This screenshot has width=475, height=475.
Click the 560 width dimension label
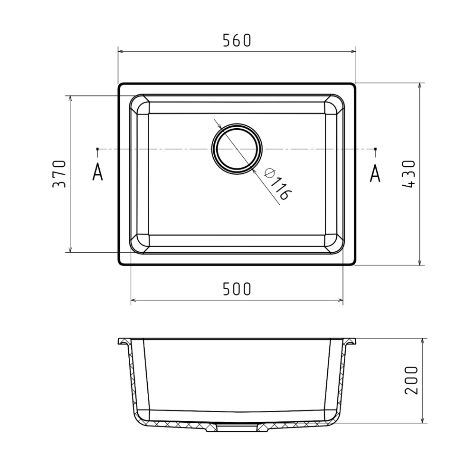pyautogui.click(x=237, y=40)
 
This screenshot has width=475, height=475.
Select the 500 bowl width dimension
pyautogui.click(x=237, y=289)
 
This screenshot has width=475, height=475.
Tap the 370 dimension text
pyautogui.click(x=59, y=174)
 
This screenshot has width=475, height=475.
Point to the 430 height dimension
pyautogui.click(x=409, y=174)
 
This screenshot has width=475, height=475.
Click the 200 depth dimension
pyautogui.click(x=411, y=380)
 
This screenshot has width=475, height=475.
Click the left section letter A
pyautogui.click(x=97, y=172)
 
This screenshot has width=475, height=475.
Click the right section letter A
pyautogui.click(x=375, y=173)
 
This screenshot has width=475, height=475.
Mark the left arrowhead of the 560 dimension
pyautogui.click(x=121, y=51)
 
